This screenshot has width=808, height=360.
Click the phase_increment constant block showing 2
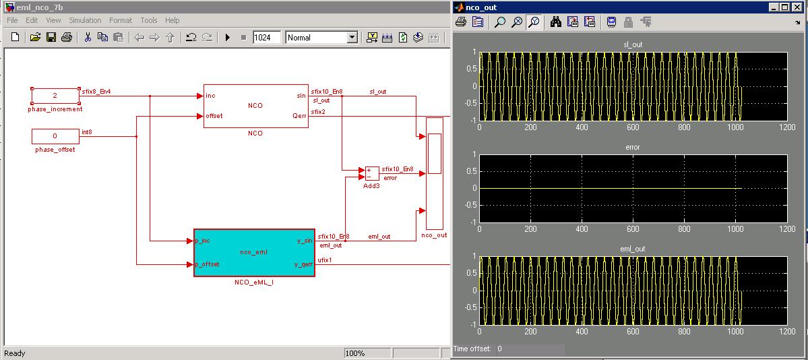(x=55, y=96)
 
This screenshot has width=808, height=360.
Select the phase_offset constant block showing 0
(x=55, y=136)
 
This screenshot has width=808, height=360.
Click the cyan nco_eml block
(x=254, y=253)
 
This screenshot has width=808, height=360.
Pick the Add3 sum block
(x=371, y=173)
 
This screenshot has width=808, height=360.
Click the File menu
(x=12, y=20)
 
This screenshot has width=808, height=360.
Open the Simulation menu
(x=85, y=20)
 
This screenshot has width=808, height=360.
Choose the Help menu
(x=172, y=20)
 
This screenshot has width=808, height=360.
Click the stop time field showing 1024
(x=267, y=37)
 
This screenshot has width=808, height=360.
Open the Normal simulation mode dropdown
(x=321, y=37)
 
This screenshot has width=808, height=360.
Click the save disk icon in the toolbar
(x=51, y=37)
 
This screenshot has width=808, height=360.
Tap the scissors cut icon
(x=88, y=37)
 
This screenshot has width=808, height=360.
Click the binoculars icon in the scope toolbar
(x=555, y=22)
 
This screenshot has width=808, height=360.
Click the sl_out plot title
(x=633, y=45)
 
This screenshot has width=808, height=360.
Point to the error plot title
(x=633, y=147)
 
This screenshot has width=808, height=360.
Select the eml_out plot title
(x=633, y=249)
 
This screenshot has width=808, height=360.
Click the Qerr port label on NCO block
(x=299, y=116)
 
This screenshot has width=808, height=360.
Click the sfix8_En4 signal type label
(x=96, y=92)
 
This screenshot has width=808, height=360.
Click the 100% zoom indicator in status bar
(x=356, y=353)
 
